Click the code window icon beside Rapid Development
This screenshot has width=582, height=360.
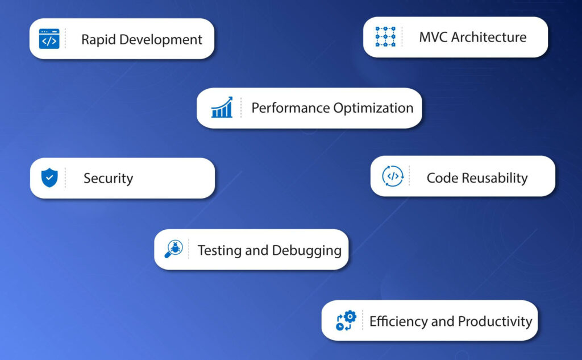pyautogui.click(x=49, y=39)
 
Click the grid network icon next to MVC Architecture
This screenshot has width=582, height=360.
pyautogui.click(x=385, y=36)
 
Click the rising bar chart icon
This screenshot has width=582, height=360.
pyautogui.click(x=222, y=107)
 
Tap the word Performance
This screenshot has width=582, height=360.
pyautogui.click(x=290, y=108)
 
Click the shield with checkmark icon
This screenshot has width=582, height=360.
pyautogui.click(x=49, y=178)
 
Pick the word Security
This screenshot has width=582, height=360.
pyautogui.click(x=108, y=179)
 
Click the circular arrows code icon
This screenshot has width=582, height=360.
pyautogui.click(x=392, y=176)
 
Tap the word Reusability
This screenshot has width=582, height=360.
pyautogui.click(x=494, y=178)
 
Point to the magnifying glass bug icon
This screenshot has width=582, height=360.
pyautogui.click(x=173, y=249)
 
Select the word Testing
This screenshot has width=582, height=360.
pyautogui.click(x=219, y=250)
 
